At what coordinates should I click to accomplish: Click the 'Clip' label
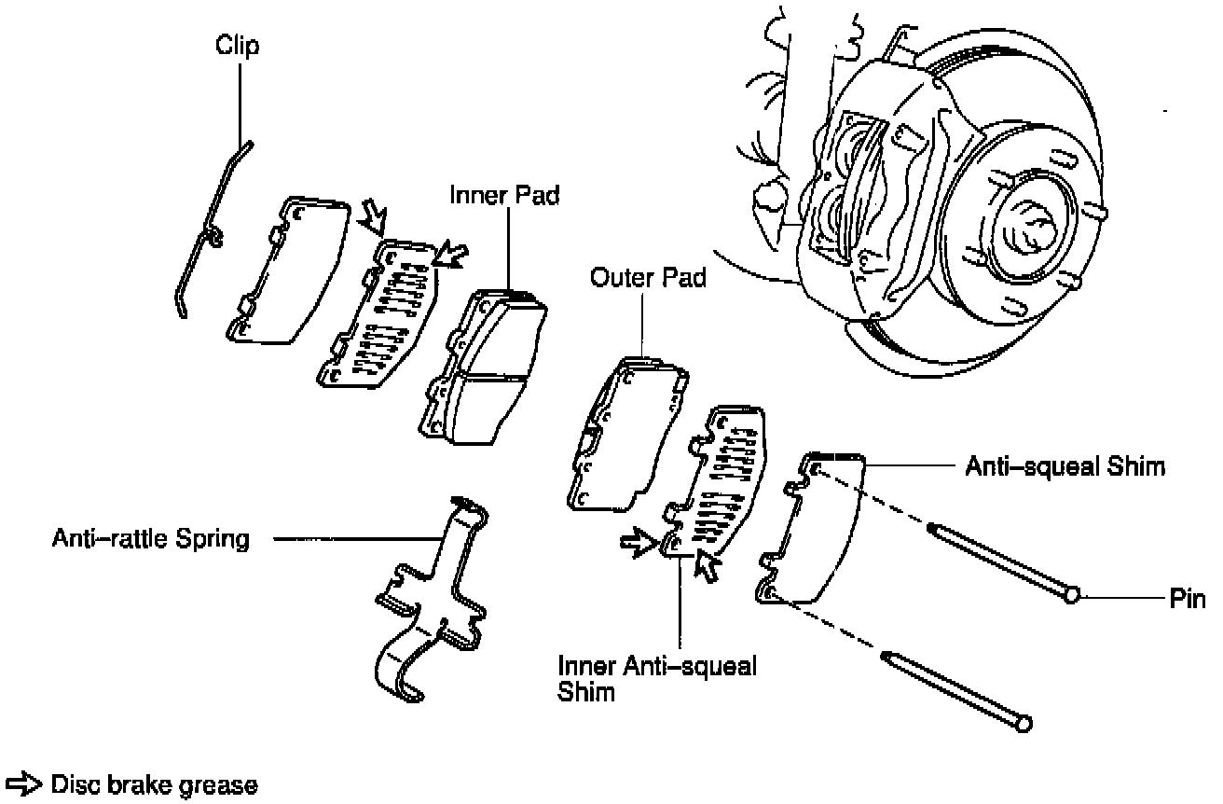pyautogui.click(x=238, y=45)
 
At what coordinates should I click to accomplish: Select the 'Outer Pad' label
pyautogui.click(x=648, y=277)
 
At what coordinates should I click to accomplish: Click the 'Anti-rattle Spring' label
pyautogui.click(x=151, y=539)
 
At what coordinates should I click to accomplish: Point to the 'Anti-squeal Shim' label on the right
pyautogui.click(x=1065, y=465)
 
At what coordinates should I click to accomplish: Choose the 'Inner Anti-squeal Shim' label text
pyautogui.click(x=656, y=679)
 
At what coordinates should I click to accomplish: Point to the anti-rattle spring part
pyautogui.click(x=433, y=606)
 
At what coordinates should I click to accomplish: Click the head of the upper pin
pyautogui.click(x=1072, y=593)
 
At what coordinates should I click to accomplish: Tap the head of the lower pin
pyautogui.click(x=1024, y=723)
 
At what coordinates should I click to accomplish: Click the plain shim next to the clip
pyautogui.click(x=284, y=270)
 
